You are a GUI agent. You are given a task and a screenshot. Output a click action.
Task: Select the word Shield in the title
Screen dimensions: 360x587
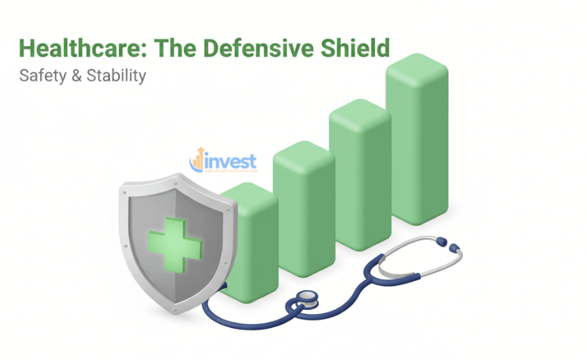(350, 49)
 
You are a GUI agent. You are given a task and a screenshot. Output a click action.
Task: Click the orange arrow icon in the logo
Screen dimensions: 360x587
(198, 157)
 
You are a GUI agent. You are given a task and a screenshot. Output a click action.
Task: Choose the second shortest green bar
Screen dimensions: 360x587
(303, 211)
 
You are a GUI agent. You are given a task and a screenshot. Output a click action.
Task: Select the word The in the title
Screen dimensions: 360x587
(175, 49)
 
